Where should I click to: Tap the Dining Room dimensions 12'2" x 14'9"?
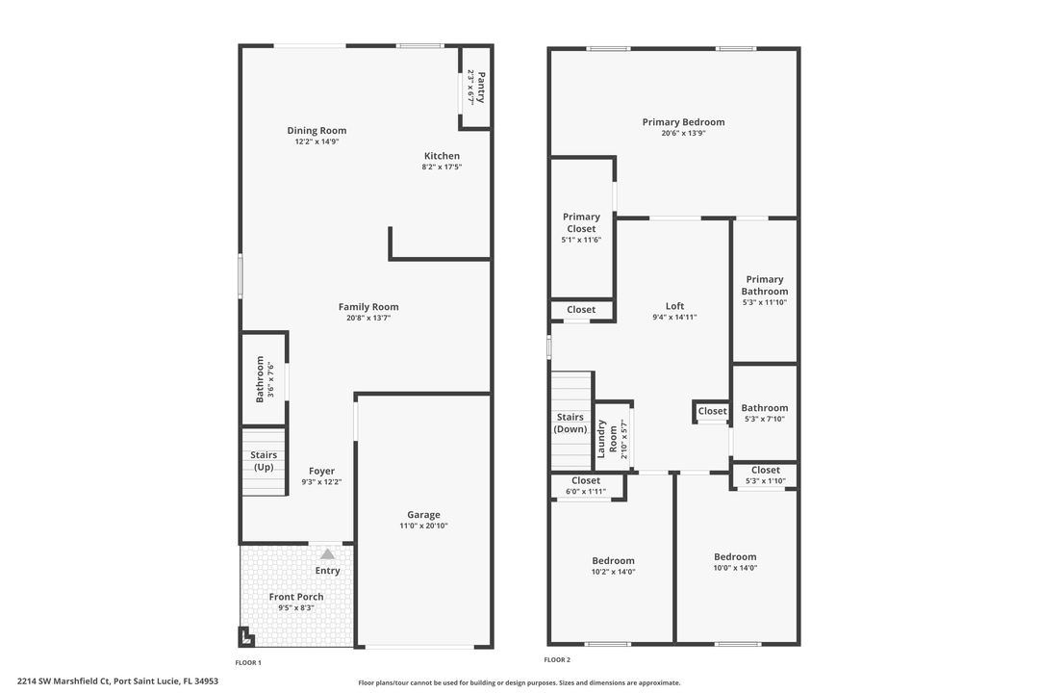(317, 141)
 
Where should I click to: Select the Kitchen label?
(442, 156)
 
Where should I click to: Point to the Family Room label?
(368, 307)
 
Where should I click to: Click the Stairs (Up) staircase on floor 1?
(264, 461)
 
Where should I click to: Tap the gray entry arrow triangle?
(327, 553)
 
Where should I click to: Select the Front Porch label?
(296, 597)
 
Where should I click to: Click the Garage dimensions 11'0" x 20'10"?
(423, 526)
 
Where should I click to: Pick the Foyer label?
(321, 471)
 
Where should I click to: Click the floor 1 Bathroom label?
(259, 379)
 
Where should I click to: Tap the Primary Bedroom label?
(683, 122)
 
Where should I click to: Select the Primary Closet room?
(581, 228)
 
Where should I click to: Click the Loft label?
(674, 306)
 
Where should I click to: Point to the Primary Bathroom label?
(765, 285)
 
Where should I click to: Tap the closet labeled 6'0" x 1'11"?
(585, 485)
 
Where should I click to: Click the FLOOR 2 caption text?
(557, 660)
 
